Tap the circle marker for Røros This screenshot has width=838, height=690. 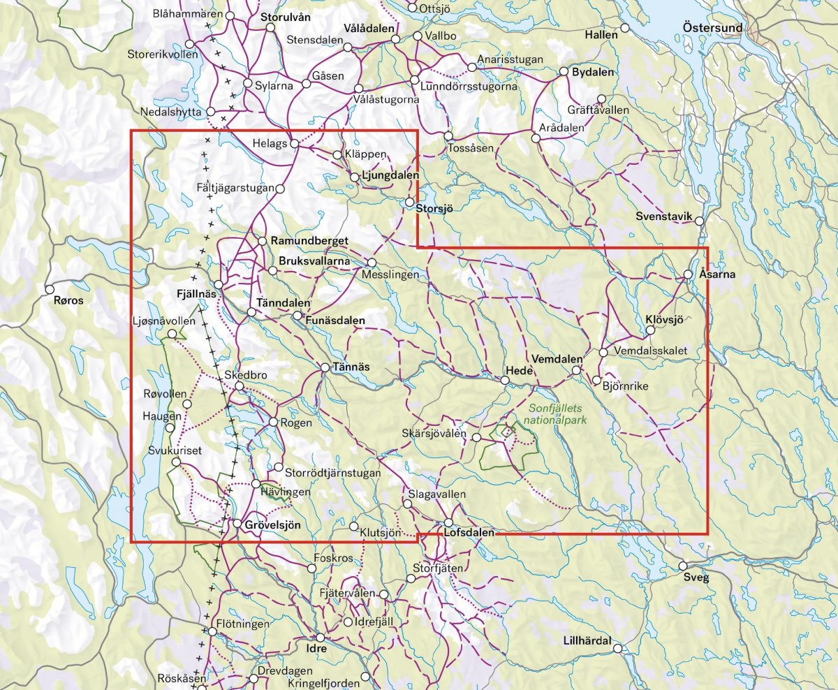click(50, 289)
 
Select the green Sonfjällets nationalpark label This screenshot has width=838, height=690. click(557, 415)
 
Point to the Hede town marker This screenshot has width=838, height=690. click(505, 380)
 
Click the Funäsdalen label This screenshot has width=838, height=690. click(335, 321)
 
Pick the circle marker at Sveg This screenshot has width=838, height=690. click(683, 566)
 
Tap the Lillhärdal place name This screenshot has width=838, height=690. click(587, 640)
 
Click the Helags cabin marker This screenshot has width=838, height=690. click(295, 144)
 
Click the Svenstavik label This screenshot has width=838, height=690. click(663, 216)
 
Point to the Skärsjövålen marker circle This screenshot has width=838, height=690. click(476, 438)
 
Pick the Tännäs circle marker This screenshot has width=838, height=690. click(325, 367)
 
